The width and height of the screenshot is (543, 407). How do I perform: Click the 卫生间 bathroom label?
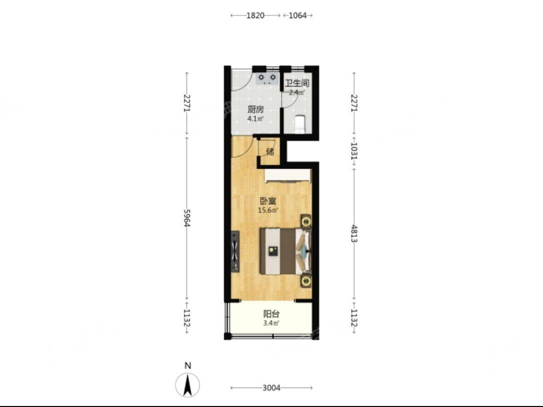[297, 84]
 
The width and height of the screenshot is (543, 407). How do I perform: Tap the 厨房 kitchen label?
[255, 110]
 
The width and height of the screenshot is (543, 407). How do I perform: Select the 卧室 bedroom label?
[268, 201]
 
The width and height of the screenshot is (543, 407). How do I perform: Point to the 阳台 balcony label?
[271, 314]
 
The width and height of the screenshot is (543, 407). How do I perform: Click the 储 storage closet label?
[270, 152]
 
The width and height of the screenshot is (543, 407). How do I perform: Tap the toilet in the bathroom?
[299, 125]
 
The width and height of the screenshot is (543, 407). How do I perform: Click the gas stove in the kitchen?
[266, 79]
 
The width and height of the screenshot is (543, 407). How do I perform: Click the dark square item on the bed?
[273, 251]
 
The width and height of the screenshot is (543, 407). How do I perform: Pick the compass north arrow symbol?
[188, 385]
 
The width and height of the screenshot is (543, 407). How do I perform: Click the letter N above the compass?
[188, 365]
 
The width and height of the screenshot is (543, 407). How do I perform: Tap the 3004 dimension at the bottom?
[271, 388]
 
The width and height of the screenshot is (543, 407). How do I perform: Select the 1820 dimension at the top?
[255, 16]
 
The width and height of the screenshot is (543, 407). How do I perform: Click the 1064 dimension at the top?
[298, 16]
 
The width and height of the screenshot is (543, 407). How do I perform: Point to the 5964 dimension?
[187, 218]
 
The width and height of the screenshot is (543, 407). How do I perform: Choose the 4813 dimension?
[354, 233]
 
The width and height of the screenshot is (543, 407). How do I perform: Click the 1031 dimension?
[354, 151]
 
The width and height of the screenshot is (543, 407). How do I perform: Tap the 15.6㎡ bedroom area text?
[268, 210]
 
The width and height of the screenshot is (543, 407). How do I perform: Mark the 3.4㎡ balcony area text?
[271, 323]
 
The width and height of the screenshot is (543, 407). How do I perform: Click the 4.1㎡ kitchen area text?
[255, 119]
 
